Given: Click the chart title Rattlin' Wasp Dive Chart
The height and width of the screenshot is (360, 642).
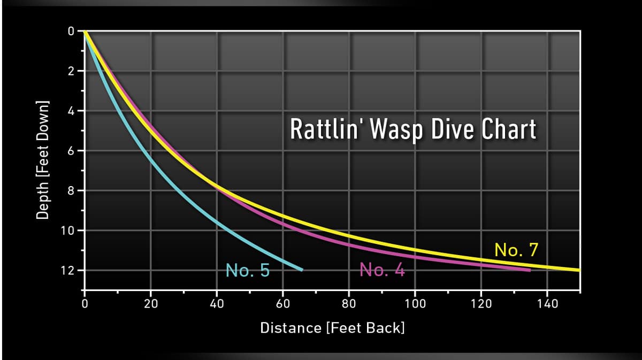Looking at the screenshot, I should pos(412,129).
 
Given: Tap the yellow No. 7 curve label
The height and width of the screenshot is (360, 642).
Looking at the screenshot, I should pos(516,250).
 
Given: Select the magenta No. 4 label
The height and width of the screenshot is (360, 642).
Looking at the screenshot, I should pos(382,270).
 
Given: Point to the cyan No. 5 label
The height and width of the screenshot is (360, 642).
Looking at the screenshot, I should pos(248,270).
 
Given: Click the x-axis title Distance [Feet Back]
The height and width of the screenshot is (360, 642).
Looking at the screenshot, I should pos(332,327).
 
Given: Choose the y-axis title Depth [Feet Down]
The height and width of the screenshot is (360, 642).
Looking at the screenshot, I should pos(43,159).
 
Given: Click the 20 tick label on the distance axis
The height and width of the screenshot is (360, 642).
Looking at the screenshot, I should pos(151,304).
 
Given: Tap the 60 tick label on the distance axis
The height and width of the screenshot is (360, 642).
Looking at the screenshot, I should pos(283,304).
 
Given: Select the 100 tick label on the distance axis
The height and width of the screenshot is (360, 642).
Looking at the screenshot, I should pos(415,304).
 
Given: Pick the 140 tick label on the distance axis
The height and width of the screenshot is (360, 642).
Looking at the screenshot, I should pos(547,304).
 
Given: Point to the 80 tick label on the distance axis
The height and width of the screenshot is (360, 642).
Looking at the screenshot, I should pos(349,304).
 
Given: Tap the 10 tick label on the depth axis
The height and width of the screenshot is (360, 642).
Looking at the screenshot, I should pos(68,231).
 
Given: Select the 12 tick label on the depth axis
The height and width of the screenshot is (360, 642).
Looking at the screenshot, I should pos(68,271).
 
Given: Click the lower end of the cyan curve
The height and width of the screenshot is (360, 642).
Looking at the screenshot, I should pos(302,270).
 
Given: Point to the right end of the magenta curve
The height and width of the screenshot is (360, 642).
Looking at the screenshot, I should pos(530,270).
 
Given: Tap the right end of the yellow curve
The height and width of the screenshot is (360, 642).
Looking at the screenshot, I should pos(579,270).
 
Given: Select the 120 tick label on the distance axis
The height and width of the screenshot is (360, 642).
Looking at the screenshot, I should pos(481,304).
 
